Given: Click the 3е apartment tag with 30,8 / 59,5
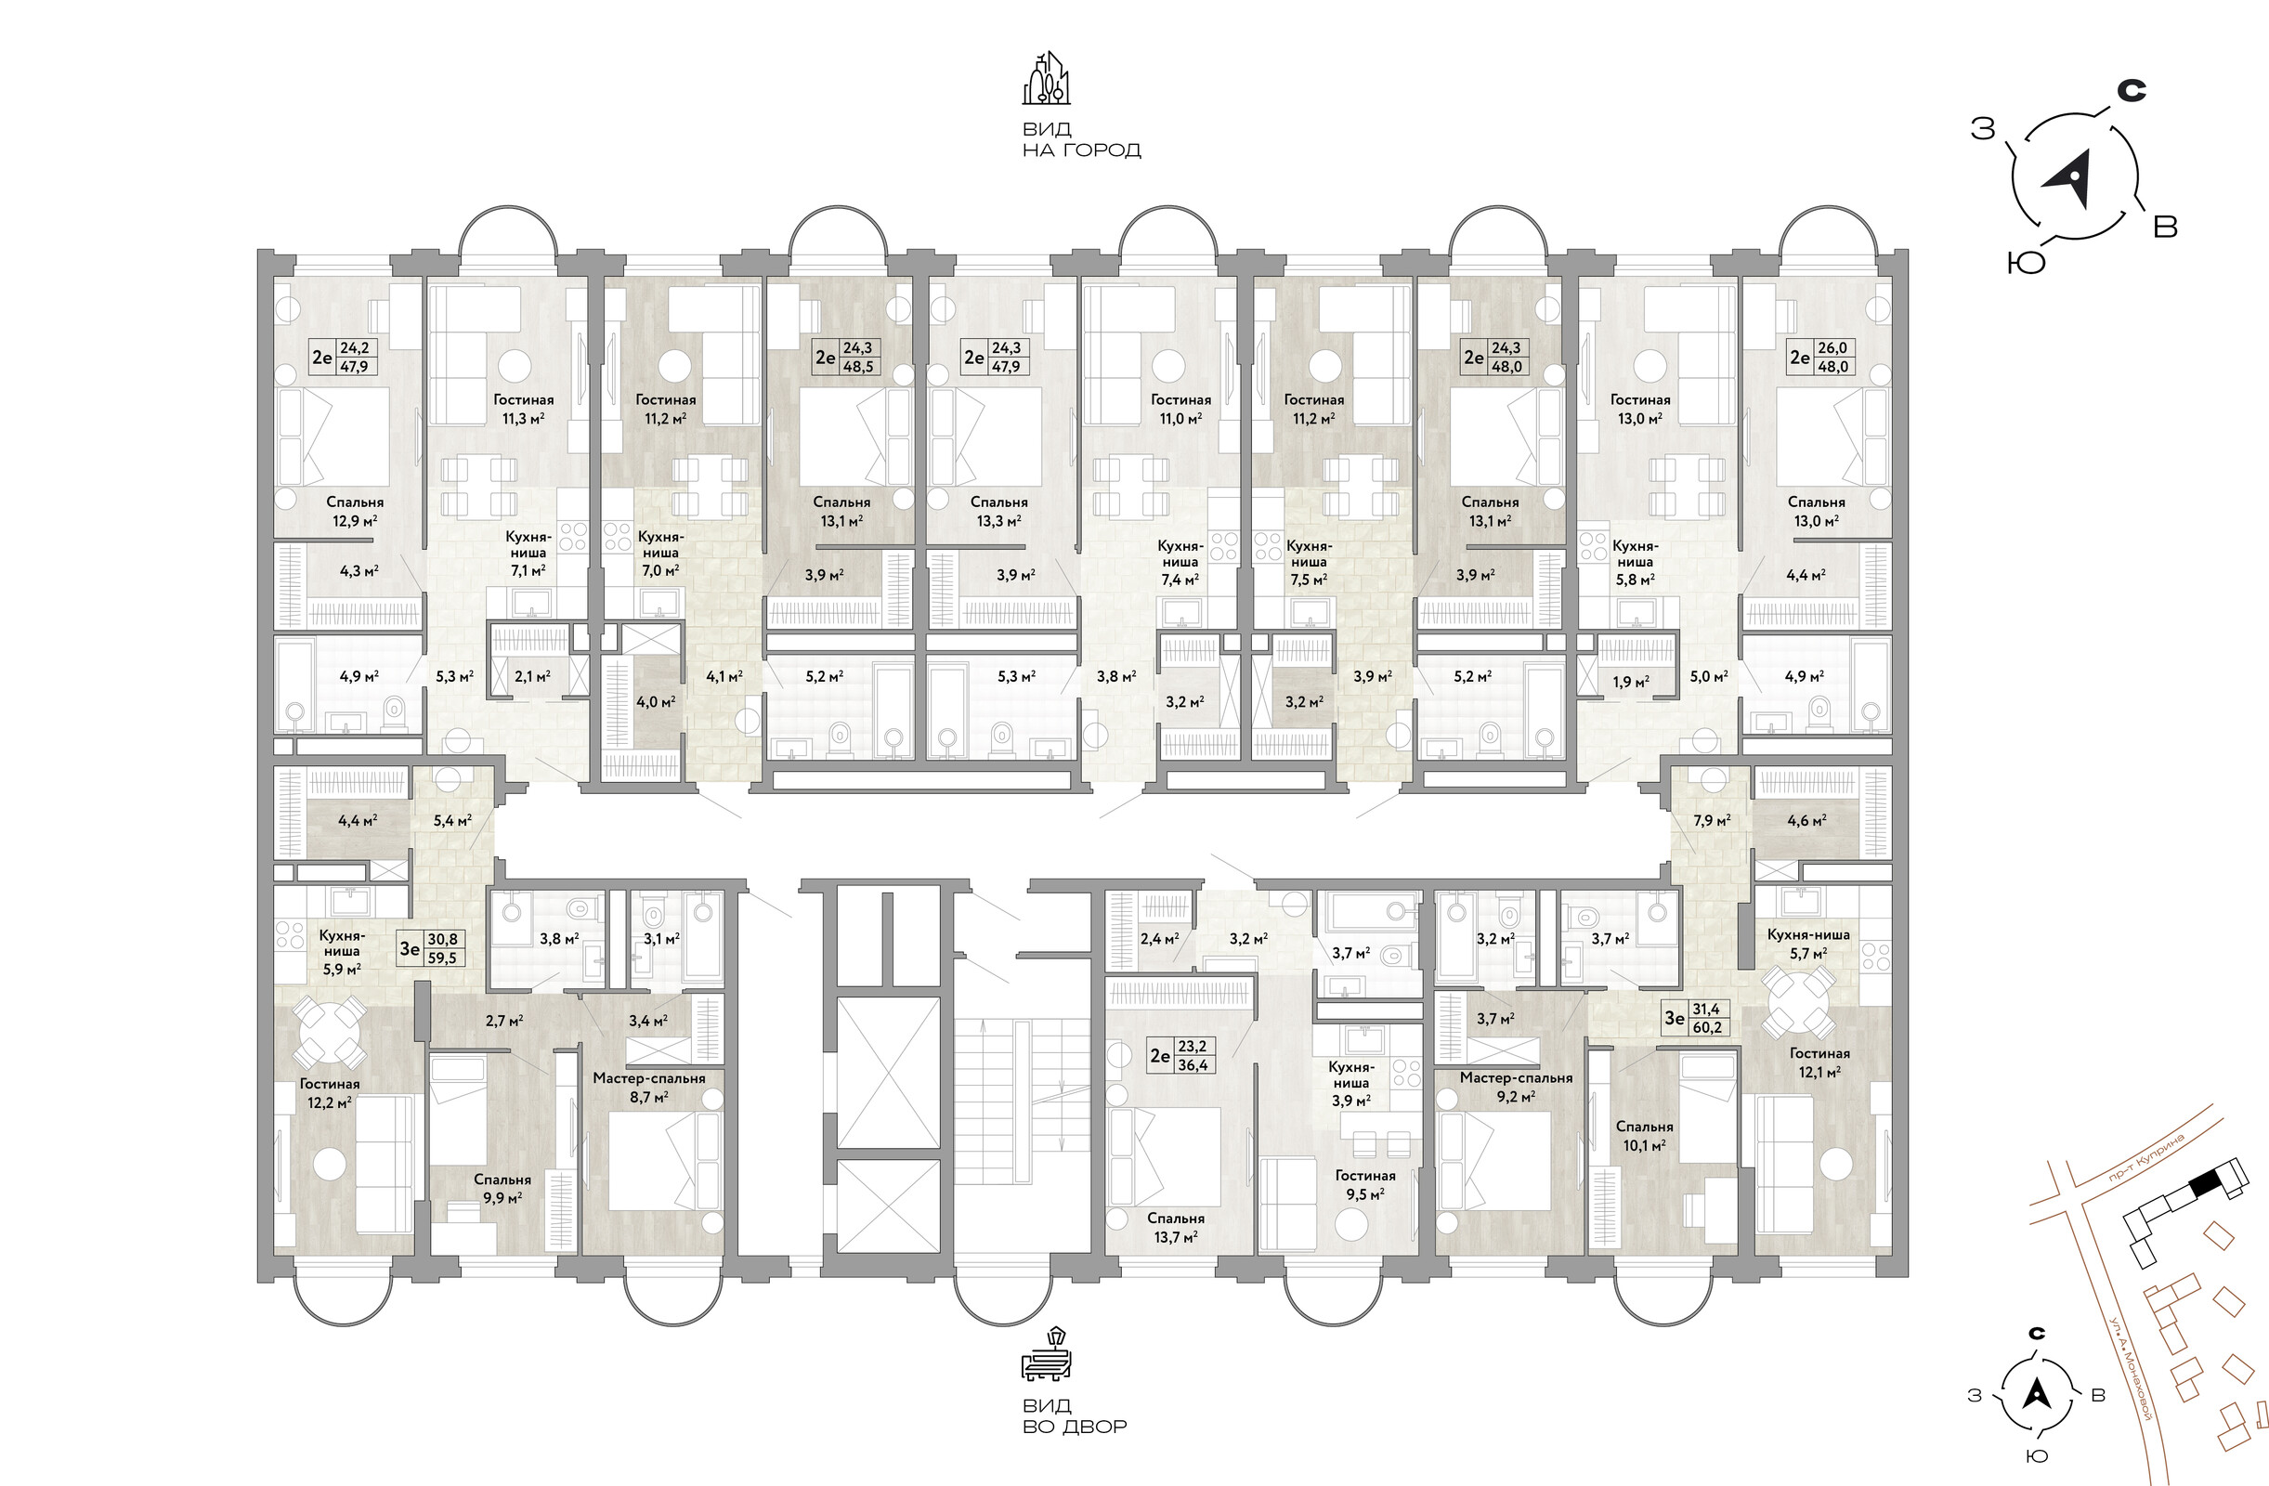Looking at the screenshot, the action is coord(432,948).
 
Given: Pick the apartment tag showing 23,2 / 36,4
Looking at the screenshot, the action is coord(1180,1055).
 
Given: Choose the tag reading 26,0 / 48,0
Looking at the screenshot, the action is coord(1821,358).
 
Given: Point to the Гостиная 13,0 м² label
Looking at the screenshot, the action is coord(1640,409).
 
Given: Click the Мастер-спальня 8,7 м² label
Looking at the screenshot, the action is coord(648,1088).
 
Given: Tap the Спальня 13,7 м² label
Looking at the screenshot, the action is coord(1176,1228).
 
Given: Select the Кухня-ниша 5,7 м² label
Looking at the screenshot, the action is coord(1808,944).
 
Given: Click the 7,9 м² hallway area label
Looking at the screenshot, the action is coord(1712,820).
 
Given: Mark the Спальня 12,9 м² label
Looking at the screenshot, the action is coord(355,511).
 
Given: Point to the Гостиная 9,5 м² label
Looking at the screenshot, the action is coord(1365,1185).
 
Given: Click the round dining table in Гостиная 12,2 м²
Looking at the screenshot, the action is coord(327,1030).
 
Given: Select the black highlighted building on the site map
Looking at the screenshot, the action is coord(2204,1184).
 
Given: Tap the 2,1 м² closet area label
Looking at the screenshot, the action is coord(532,677).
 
